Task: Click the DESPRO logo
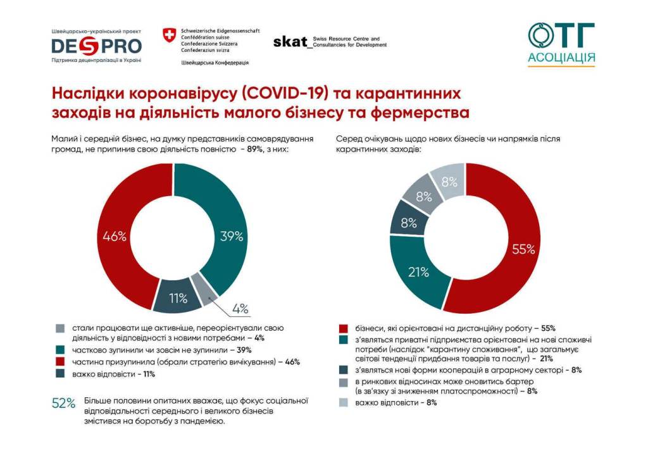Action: click(x=97, y=46)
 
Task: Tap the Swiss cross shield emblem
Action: click(x=170, y=35)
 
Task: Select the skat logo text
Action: click(x=290, y=41)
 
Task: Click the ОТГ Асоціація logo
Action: click(x=561, y=44)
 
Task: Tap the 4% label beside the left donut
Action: click(x=240, y=308)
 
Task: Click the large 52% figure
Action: click(x=64, y=403)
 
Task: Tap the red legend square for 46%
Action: click(x=60, y=362)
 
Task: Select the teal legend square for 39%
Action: click(x=60, y=350)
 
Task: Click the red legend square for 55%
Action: click(x=343, y=328)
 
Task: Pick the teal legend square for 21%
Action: click(x=343, y=340)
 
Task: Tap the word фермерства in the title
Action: click(x=420, y=113)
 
